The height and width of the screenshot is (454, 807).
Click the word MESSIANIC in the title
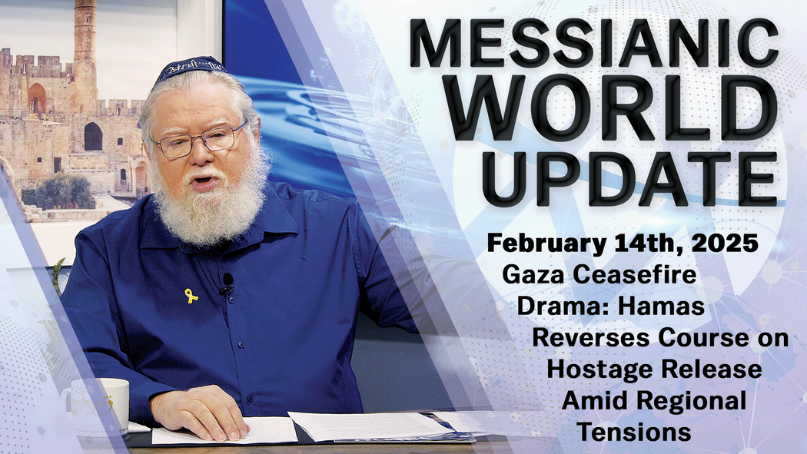coord(593,45)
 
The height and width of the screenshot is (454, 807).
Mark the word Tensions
coord(634,432)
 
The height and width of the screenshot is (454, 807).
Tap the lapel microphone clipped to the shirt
coord(227,282)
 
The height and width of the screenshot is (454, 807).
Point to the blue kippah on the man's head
coord(188,69)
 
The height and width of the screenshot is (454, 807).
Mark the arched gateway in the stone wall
coord(92,136)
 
